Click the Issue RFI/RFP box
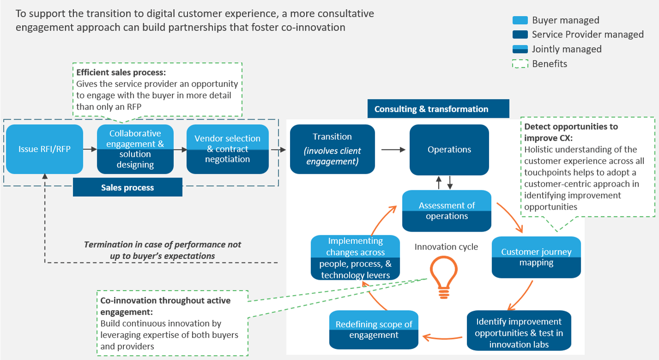(x=44, y=149)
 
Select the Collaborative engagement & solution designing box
(x=135, y=149)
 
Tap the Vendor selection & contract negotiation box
(x=227, y=149)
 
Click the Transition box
(x=332, y=149)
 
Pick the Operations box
(x=449, y=150)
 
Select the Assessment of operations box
(x=447, y=211)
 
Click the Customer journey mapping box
(x=536, y=257)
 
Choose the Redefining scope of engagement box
(x=374, y=329)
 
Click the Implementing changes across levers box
(x=355, y=258)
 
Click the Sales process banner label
(x=127, y=188)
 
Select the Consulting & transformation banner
(x=438, y=109)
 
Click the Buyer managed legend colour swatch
(x=519, y=20)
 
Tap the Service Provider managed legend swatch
(x=519, y=34)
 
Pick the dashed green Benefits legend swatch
(x=519, y=64)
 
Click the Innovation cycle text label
(x=446, y=247)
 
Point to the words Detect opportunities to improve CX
(x=571, y=132)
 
